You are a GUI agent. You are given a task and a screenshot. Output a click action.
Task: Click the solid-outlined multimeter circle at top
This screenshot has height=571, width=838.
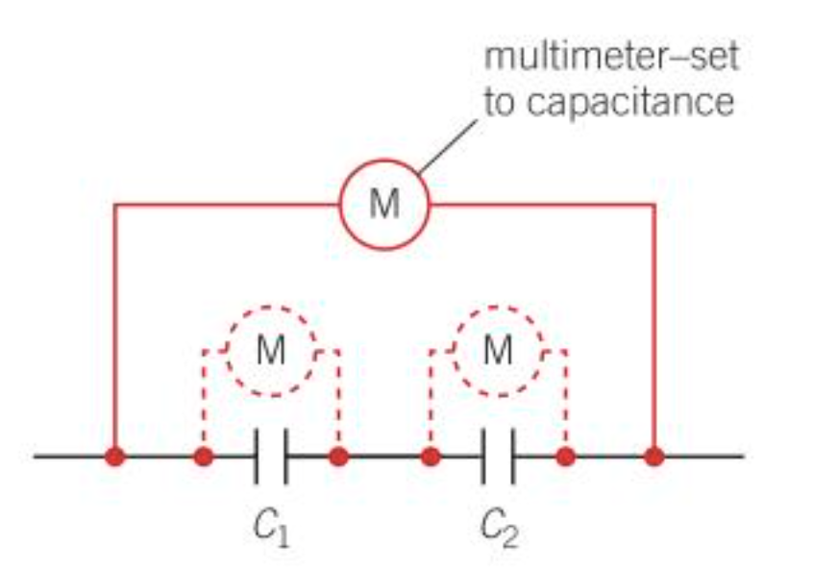click(x=384, y=205)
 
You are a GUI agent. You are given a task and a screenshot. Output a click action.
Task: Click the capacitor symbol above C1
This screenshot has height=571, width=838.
click(x=272, y=456)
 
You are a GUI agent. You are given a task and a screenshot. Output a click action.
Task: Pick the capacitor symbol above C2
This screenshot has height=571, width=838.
click(x=499, y=456)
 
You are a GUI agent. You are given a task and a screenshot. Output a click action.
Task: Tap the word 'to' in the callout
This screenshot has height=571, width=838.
click(x=499, y=100)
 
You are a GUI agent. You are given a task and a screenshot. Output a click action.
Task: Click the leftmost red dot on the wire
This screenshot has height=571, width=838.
click(x=115, y=456)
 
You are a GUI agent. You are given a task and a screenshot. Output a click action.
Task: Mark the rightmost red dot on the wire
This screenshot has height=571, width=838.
click(x=654, y=456)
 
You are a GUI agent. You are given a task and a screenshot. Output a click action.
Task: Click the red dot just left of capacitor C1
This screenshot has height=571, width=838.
click(x=203, y=456)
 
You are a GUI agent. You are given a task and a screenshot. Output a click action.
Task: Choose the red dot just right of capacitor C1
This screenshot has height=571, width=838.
click(x=338, y=456)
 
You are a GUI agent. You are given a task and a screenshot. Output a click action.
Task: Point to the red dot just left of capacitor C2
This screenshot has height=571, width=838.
click(x=430, y=456)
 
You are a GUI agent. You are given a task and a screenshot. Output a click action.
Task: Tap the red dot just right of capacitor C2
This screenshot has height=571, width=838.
click(x=566, y=456)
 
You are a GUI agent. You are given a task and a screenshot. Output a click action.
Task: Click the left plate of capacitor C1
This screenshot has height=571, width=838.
click(x=258, y=456)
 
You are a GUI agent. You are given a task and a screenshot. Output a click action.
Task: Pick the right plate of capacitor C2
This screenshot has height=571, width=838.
click(x=513, y=456)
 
